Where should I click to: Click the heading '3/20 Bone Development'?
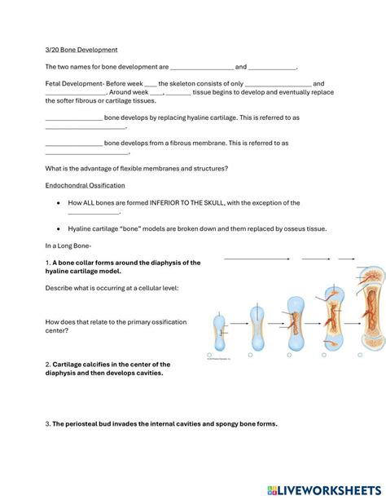point(81,50)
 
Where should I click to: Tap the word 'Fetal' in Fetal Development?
point(55,83)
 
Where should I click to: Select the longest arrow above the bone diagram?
point(256,259)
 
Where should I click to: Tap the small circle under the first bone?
point(210,356)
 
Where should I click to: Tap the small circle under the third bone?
point(286,356)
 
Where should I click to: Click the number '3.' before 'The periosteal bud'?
point(48,423)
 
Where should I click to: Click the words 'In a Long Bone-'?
point(68,246)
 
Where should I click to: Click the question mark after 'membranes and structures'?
point(226,168)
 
